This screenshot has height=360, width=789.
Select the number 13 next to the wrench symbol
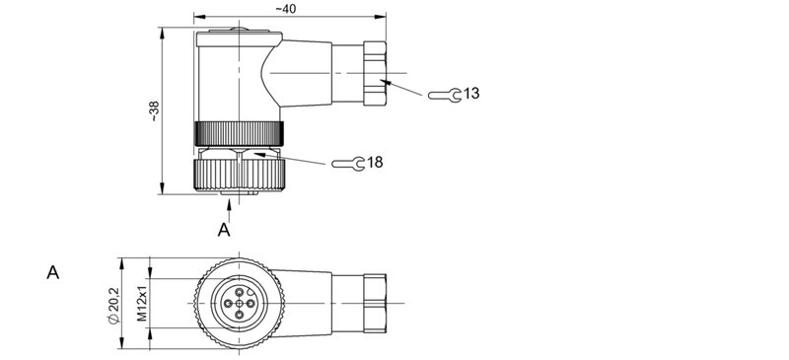470,93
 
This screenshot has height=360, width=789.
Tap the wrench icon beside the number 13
443,95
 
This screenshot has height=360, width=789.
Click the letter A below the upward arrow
224,230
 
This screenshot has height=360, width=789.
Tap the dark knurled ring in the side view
240,132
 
